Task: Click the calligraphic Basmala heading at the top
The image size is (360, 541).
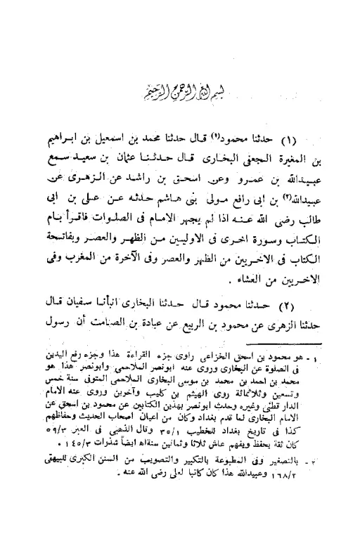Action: tap(179, 94)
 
